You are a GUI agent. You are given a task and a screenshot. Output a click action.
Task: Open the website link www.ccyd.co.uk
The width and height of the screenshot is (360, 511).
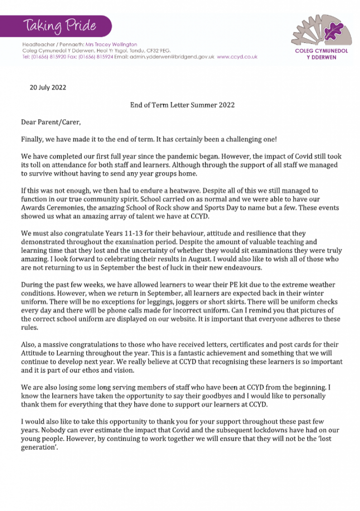point(237,57)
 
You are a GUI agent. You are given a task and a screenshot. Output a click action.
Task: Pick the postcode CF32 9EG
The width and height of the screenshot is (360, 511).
point(159,51)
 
